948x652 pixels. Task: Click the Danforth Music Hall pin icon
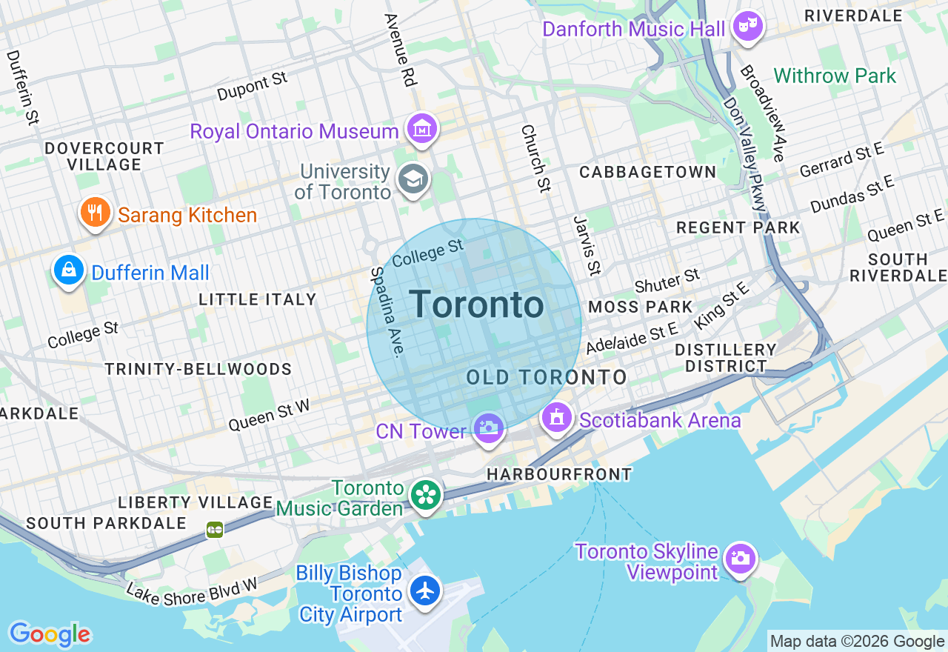pos(749,28)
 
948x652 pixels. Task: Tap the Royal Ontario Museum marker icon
pos(421,130)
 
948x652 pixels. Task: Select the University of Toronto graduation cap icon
pos(413,179)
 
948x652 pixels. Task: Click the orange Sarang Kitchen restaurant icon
pos(95,213)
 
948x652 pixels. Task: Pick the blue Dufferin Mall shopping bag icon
pos(69,270)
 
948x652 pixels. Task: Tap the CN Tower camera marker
pos(488,428)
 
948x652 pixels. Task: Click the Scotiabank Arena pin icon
pos(557,418)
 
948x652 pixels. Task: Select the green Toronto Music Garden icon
pos(426,496)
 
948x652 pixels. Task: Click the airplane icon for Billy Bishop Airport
pos(425,591)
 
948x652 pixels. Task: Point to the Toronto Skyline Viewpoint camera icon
pos(740,558)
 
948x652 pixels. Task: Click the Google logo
pos(50,634)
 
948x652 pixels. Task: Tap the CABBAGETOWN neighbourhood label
pos(647,172)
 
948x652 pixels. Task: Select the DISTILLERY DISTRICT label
pos(725,358)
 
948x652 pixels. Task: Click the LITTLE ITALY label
pos(257,299)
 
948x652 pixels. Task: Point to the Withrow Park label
pos(835,76)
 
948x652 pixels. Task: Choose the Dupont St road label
pos(252,87)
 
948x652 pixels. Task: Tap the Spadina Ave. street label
pos(388,311)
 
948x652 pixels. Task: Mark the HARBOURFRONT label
pos(559,474)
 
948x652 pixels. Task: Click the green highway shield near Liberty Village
pos(215,529)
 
